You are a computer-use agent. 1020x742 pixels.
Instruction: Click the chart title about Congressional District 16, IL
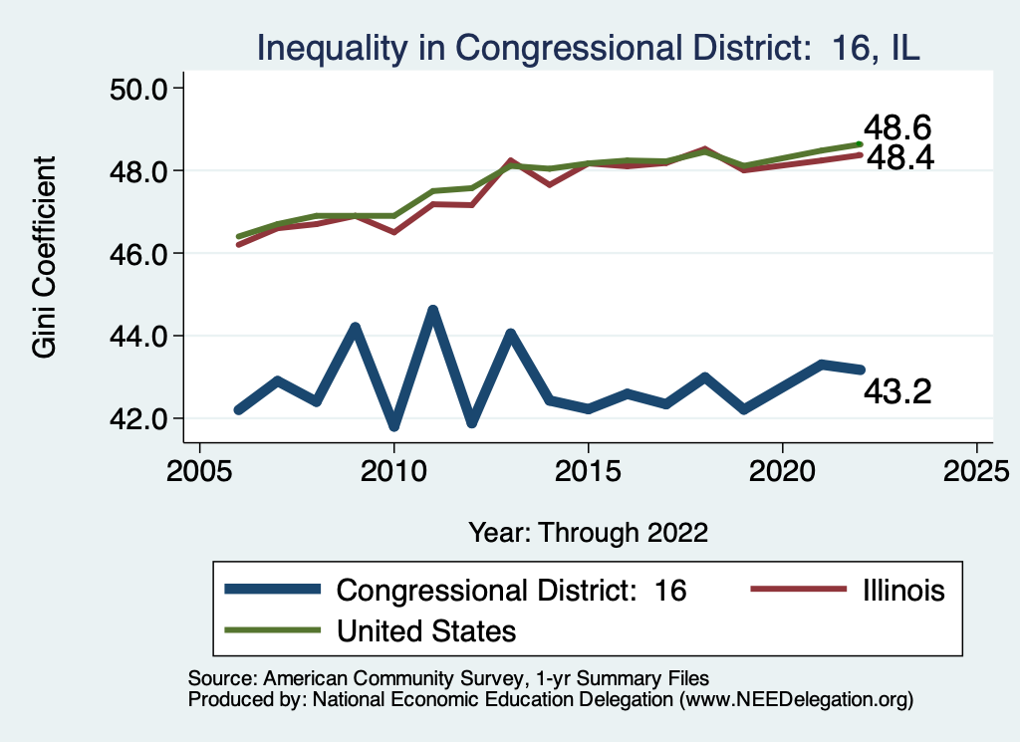[x=588, y=48]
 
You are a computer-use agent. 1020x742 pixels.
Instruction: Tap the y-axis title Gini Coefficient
[x=45, y=257]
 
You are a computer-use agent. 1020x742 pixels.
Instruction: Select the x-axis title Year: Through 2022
[x=588, y=532]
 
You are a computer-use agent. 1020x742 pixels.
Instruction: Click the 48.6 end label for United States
[x=896, y=128]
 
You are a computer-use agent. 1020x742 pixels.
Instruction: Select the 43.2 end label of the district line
[x=896, y=392]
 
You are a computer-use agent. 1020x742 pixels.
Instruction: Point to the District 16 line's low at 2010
[x=394, y=426]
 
